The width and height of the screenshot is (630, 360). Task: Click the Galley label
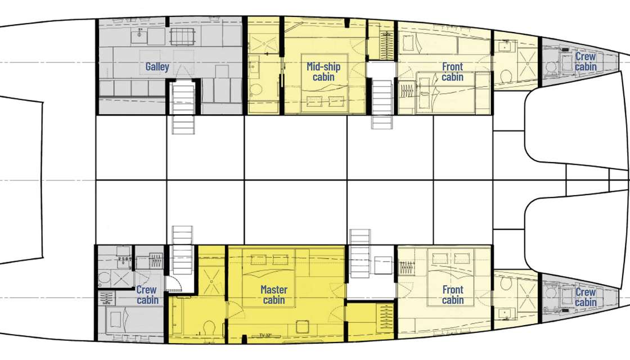pos(157,67)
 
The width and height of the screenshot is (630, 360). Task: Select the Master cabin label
pos(274,295)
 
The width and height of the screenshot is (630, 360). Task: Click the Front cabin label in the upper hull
pos(452,72)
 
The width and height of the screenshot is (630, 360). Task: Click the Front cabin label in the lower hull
pos(452,295)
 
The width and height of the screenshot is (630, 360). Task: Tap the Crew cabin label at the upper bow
pos(586,62)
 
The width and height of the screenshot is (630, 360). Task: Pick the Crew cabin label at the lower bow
pos(586,298)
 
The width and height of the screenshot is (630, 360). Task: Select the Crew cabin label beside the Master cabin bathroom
pos(147,295)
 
